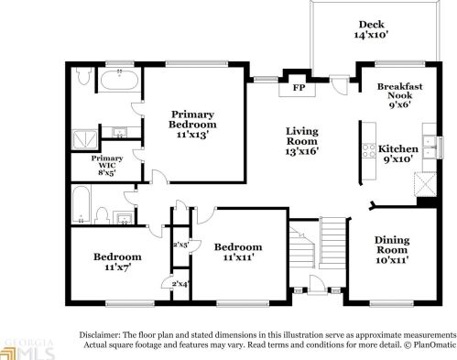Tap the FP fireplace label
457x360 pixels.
(298, 89)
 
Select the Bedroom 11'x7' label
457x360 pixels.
(116, 263)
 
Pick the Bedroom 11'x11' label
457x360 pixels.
(238, 253)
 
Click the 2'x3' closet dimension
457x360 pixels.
(180, 244)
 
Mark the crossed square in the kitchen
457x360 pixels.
(425, 184)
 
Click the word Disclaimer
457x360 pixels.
(101, 334)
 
